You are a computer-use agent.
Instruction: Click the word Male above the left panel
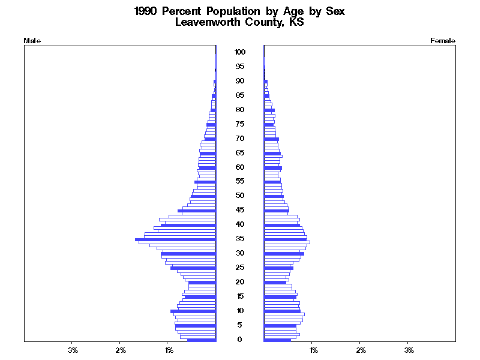click(x=31, y=41)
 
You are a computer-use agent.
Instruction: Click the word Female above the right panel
click(x=443, y=41)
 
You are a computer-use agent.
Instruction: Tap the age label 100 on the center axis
click(x=240, y=52)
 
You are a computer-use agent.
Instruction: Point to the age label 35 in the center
click(x=240, y=239)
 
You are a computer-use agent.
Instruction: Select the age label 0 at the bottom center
click(x=240, y=340)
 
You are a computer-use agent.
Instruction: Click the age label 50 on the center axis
click(x=240, y=196)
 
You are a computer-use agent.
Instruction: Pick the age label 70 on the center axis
click(x=240, y=138)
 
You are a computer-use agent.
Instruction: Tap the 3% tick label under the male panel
click(x=73, y=349)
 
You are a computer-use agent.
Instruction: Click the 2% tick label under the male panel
click(x=121, y=349)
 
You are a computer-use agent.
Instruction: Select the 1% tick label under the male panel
click(x=169, y=349)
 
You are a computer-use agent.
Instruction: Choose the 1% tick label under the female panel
click(x=313, y=349)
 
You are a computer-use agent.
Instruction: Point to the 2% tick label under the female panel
click(x=361, y=349)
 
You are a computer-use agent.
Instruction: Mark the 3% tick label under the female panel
click(x=409, y=349)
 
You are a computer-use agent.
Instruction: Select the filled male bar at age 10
click(x=193, y=311)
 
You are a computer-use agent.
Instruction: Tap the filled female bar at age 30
click(x=284, y=254)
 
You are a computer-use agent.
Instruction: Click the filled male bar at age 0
click(x=202, y=340)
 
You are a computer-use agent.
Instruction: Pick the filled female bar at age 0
click(x=277, y=340)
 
